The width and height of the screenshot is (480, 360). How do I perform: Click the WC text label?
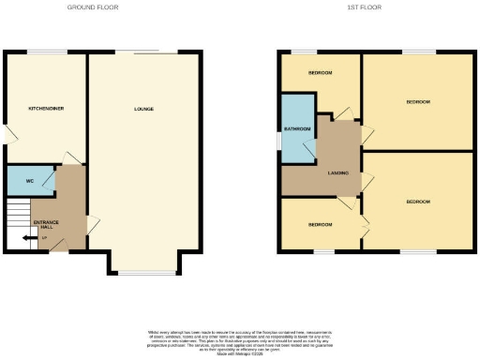pyautogui.click(x=30, y=180)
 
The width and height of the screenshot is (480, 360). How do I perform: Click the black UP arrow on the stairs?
pyautogui.click(x=22, y=239)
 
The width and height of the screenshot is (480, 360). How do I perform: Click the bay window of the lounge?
pyautogui.click(x=143, y=273)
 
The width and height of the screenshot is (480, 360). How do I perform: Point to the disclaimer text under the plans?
pyautogui.click(x=239, y=340)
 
